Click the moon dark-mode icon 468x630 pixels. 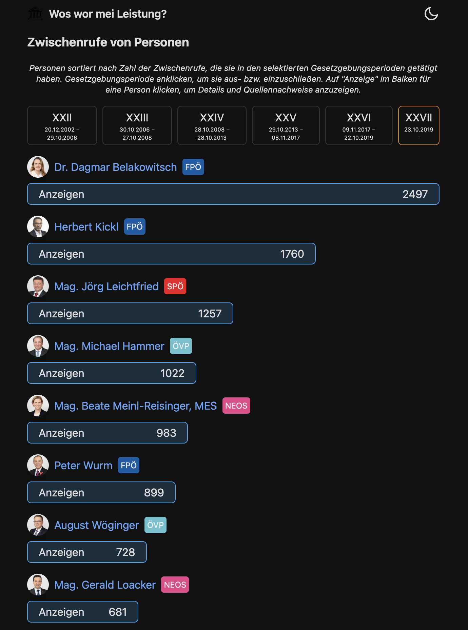431,14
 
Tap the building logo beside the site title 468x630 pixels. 35,14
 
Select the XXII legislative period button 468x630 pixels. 62,125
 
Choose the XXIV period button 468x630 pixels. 212,125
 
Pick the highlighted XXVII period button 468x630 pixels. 419,125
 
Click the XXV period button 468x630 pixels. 286,125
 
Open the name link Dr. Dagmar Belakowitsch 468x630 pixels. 116,167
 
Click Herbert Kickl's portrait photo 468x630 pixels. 38,227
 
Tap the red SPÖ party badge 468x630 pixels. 175,286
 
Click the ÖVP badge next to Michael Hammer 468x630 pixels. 181,346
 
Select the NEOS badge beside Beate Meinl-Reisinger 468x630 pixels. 236,406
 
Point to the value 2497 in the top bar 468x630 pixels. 415,194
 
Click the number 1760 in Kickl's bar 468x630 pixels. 292,254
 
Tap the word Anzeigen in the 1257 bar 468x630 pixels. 61,314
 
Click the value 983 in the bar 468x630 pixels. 166,433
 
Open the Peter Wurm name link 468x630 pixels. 83,466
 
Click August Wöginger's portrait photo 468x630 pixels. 38,525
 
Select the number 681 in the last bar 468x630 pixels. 118,612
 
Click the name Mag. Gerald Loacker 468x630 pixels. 105,585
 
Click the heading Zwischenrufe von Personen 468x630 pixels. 108,42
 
